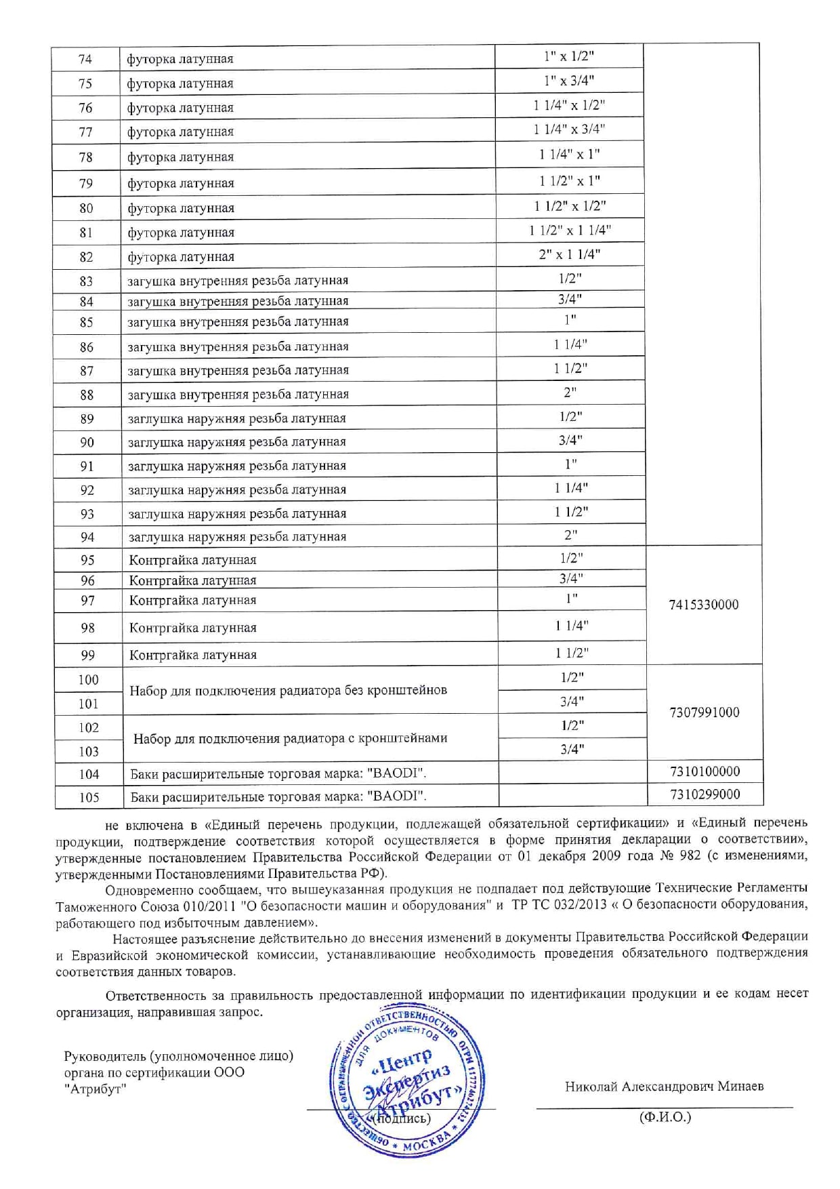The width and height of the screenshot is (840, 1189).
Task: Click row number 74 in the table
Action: (x=85, y=59)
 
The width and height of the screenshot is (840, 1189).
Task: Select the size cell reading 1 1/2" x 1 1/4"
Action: (x=570, y=230)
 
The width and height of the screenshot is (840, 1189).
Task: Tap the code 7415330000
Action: (x=703, y=605)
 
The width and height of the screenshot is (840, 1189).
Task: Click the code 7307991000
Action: (x=704, y=712)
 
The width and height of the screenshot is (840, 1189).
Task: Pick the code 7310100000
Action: (x=705, y=771)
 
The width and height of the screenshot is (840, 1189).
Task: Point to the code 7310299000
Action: (x=705, y=794)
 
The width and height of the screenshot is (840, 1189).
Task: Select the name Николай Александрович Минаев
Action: (x=664, y=1086)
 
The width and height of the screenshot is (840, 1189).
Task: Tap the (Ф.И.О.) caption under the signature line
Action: (x=665, y=1116)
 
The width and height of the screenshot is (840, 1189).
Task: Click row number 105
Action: (x=89, y=797)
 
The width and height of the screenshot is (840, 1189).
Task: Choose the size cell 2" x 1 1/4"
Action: (x=570, y=254)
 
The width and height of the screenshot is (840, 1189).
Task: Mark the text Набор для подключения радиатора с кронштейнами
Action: (x=290, y=738)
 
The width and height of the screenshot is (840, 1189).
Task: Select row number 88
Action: (x=87, y=395)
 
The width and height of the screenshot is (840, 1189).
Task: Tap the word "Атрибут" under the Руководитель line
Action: (x=96, y=1089)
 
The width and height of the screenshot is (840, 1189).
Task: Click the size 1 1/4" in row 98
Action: (x=572, y=626)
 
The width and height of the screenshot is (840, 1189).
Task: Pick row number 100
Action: (x=88, y=679)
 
